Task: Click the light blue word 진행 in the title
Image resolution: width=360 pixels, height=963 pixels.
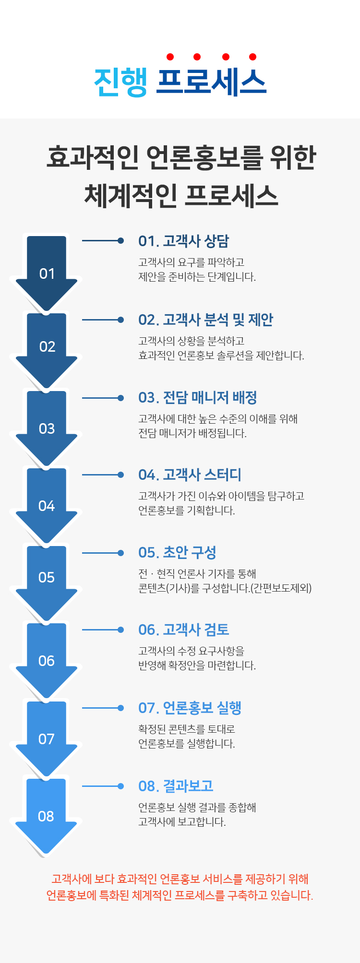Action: click(120, 82)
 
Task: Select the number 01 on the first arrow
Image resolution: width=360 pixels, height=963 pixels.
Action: click(47, 274)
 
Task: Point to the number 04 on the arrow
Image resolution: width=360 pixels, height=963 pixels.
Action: click(47, 506)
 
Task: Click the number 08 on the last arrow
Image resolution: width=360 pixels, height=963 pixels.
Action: click(46, 816)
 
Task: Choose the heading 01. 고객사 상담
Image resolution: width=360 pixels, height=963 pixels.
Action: click(184, 241)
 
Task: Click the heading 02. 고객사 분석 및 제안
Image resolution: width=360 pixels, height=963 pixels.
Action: click(206, 320)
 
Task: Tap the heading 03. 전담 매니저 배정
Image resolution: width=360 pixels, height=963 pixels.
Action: click(198, 397)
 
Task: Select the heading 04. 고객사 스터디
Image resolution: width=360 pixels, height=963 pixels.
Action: click(190, 475)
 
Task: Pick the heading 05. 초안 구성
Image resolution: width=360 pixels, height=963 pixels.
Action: click(177, 552)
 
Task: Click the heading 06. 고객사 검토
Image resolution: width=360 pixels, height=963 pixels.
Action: click(184, 630)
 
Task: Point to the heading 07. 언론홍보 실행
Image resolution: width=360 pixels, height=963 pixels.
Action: click(190, 708)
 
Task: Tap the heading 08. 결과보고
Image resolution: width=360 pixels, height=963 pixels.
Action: click(176, 786)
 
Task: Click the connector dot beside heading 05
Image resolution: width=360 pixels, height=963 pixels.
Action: click(121, 553)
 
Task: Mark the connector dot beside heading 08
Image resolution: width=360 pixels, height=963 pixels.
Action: click(121, 786)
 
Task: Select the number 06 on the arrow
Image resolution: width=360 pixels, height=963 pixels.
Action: click(47, 661)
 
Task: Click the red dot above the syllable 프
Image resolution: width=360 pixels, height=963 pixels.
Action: click(170, 57)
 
